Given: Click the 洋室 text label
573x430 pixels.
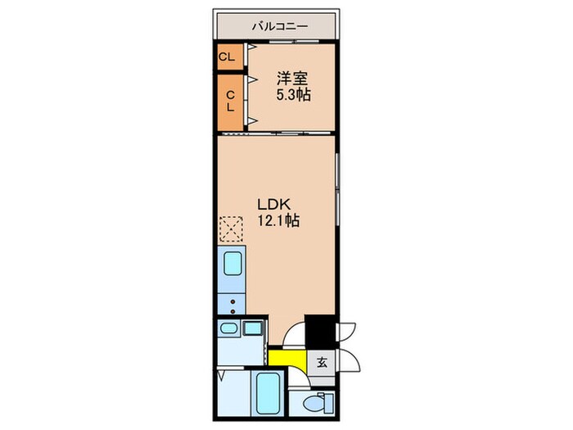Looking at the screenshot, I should coord(292,79).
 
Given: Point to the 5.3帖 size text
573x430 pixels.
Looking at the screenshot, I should coord(292,95).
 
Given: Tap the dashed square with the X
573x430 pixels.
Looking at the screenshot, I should coord(231,230).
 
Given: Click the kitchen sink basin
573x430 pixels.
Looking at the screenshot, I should coord(231,265).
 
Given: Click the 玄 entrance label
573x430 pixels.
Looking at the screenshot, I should coord(323,363).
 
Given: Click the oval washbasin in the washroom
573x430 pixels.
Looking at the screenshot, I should coord(228,329).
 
